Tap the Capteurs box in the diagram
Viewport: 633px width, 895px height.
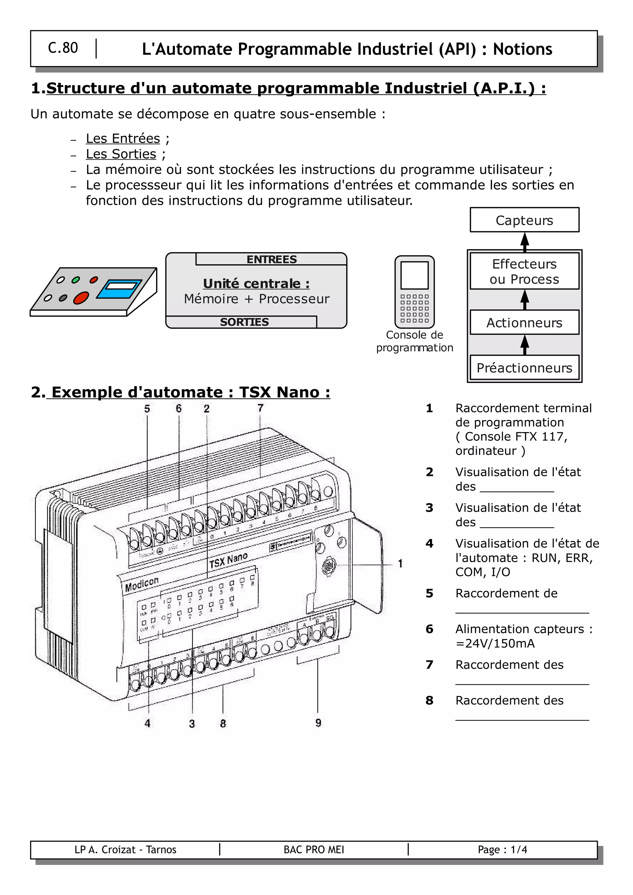(x=524, y=220)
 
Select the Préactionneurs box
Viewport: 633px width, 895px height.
(x=524, y=368)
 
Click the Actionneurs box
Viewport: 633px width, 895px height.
(x=524, y=322)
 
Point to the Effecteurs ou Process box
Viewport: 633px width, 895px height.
(x=524, y=271)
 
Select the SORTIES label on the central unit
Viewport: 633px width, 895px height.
(x=244, y=322)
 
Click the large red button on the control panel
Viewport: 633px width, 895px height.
(x=81, y=297)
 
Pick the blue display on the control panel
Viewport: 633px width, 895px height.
(x=119, y=289)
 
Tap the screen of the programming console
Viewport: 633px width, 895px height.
(x=414, y=275)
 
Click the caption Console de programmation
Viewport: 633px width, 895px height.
(x=414, y=341)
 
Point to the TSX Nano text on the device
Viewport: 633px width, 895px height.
(x=228, y=560)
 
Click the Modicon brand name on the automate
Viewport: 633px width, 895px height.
(x=142, y=584)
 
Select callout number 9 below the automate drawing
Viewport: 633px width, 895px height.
(x=318, y=723)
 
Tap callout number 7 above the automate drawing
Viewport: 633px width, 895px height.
(x=260, y=408)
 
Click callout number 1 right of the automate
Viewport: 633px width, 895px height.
(x=400, y=563)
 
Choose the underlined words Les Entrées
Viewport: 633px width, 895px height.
(x=123, y=138)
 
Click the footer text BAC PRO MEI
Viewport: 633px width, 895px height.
(x=314, y=849)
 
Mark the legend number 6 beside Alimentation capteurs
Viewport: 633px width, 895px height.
(x=429, y=629)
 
